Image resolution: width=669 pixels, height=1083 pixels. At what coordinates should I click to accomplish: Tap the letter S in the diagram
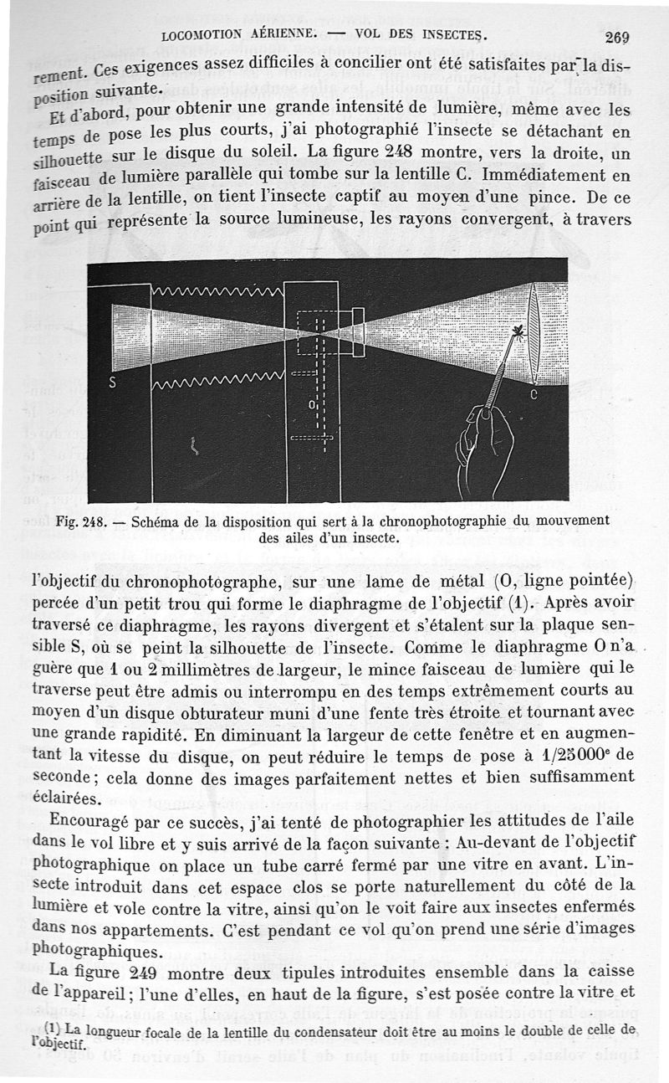(113, 384)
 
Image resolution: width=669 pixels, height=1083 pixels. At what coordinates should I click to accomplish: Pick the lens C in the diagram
(536, 332)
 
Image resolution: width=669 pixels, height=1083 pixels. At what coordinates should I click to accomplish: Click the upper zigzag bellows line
(217, 292)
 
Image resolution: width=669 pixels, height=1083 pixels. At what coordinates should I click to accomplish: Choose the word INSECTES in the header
(452, 35)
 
